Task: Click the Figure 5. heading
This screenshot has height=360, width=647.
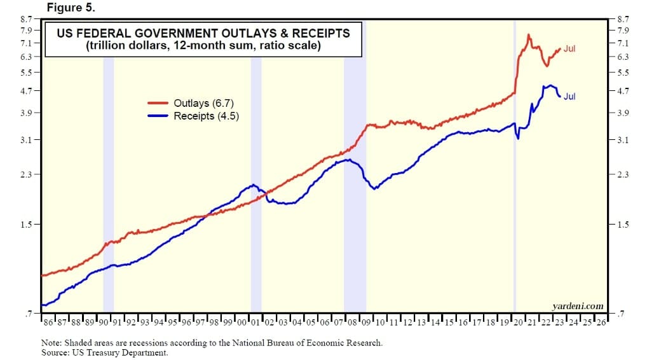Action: coord(71,8)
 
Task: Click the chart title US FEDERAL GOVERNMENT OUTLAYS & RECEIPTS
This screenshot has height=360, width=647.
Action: coord(203,33)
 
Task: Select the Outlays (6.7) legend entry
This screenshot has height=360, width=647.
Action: coord(206,103)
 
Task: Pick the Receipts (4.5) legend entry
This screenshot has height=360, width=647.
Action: coord(206,116)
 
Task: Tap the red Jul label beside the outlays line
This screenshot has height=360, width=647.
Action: coord(569,48)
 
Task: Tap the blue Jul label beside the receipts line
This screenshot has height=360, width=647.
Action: coord(569,97)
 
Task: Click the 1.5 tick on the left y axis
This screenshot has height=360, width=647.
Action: coord(30,225)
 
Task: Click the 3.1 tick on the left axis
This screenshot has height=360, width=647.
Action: coord(30,140)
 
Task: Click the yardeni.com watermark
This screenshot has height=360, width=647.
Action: coord(578,306)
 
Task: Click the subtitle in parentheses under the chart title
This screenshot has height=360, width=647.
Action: coord(203,46)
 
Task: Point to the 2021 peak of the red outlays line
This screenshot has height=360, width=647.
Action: coord(529,35)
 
